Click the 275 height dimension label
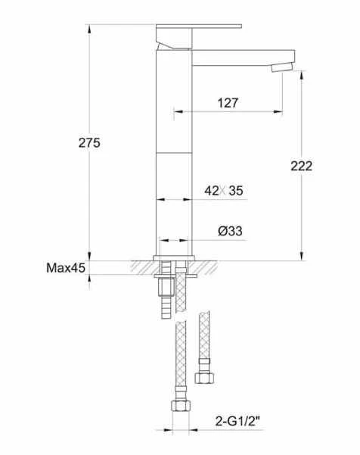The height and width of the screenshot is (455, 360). point(89,143)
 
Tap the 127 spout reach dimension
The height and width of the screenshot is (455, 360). point(228,103)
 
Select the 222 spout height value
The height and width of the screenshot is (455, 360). point(302,166)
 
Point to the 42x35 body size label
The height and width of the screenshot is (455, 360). point(224,191)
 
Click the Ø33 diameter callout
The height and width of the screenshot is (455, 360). point(230,231)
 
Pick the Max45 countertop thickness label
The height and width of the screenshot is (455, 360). point(66,268)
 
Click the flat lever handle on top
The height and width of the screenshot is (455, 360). point(199,26)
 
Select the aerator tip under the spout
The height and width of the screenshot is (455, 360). point(282,68)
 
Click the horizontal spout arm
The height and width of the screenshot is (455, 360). point(244,58)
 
